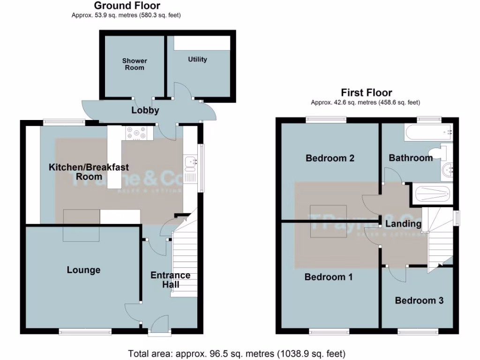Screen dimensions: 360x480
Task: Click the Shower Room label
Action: (135, 64)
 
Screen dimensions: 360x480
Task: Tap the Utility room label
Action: (197, 60)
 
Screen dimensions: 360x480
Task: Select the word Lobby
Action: (145, 111)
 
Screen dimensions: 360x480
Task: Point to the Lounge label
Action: (83, 270)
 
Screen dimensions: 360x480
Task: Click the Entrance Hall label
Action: (170, 280)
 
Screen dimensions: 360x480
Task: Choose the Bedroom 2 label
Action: (330, 158)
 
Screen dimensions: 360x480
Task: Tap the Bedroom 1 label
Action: (328, 277)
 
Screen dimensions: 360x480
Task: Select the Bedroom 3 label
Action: (419, 300)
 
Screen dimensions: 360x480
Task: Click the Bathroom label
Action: (411, 158)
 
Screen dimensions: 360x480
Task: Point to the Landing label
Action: (403, 224)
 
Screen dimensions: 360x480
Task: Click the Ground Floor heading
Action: (127, 6)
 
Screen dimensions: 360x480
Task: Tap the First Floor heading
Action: (366, 92)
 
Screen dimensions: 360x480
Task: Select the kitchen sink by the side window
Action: (191, 162)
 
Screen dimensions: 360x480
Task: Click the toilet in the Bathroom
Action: (440, 152)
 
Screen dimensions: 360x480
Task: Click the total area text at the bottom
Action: (237, 353)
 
